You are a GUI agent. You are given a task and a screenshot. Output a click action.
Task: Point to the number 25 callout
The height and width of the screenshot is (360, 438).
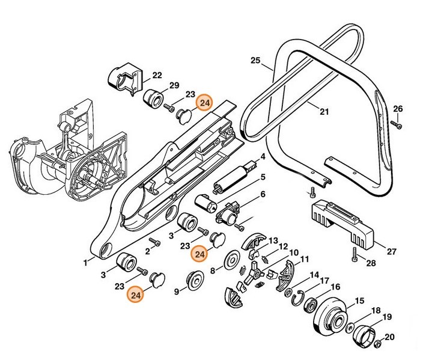tap(255, 61)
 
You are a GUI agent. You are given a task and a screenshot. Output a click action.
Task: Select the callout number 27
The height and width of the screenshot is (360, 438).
tap(391, 252)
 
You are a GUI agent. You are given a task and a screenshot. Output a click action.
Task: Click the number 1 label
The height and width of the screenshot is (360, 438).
tap(86, 263)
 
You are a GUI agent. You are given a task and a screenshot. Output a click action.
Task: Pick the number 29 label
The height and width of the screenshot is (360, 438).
tap(174, 84)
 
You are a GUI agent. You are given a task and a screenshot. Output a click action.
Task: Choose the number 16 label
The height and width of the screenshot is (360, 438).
tap(335, 287)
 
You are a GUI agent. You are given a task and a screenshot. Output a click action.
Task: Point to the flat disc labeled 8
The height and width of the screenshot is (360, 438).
tap(230, 262)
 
